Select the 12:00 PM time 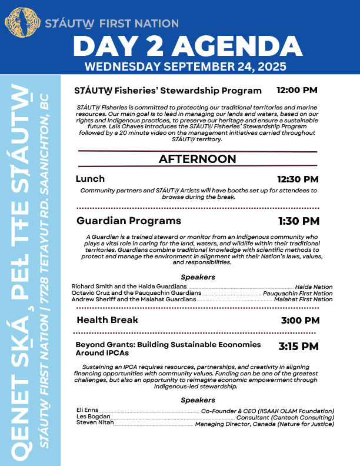(296, 91)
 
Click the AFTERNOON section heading (197, 159)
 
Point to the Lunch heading (91, 179)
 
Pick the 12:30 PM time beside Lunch (298, 179)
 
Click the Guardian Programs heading (129, 221)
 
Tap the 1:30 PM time (299, 221)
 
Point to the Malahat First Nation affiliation (303, 299)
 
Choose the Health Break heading (108, 320)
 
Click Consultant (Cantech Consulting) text (285, 417)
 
